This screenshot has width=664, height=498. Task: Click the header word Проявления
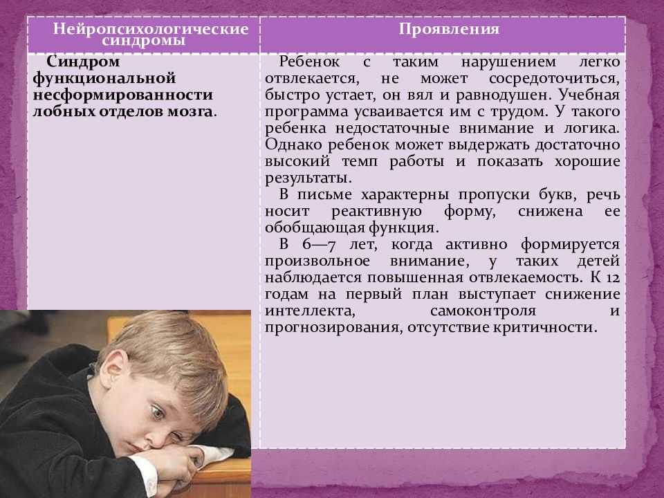point(449,29)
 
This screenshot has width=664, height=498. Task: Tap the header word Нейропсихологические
point(150,29)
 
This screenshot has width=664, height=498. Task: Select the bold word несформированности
point(123,95)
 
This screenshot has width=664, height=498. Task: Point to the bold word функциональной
point(104,78)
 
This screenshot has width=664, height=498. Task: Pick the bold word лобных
point(64,112)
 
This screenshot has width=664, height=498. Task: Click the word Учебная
point(589,95)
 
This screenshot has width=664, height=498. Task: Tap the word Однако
point(294,145)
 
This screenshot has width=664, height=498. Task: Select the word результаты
point(308,178)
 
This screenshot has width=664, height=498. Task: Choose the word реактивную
point(376,212)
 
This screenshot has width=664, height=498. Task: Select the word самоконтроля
point(483,311)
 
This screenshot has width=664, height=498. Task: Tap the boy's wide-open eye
point(158,412)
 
